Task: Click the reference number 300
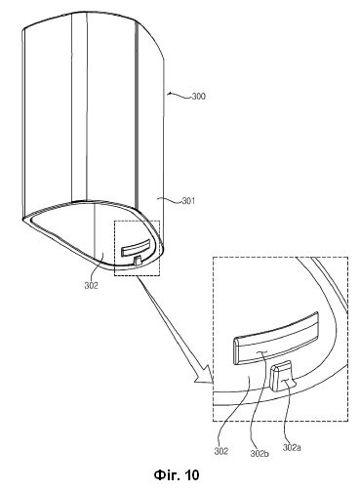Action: pos(199,97)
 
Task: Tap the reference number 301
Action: pos(188,201)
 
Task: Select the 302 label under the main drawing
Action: pos(91,286)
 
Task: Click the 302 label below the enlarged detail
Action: pos(221,451)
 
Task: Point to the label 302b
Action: pos(260,453)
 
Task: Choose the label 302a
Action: pos(292,448)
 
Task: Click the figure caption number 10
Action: pos(191,475)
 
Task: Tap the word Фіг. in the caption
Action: pos(167,475)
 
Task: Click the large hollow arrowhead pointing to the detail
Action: pos(204,375)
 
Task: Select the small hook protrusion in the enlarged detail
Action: pos(282,377)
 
